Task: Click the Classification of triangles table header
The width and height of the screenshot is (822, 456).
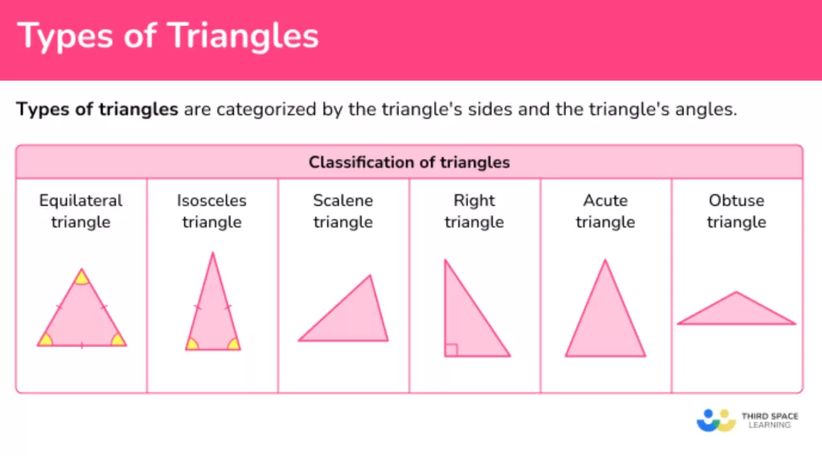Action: (409, 162)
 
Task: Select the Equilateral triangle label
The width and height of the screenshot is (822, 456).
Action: (81, 211)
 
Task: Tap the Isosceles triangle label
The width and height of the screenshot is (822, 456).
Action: (212, 211)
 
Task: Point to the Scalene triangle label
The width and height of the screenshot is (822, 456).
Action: (343, 211)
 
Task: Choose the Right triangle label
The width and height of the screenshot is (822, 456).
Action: (474, 211)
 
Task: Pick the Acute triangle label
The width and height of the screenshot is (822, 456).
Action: (605, 211)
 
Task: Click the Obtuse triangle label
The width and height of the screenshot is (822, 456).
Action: (737, 211)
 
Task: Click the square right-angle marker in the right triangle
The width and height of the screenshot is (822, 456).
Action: (451, 349)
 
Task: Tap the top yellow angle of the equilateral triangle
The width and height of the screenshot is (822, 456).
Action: (81, 277)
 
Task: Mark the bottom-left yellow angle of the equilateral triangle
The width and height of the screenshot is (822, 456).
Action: (45, 340)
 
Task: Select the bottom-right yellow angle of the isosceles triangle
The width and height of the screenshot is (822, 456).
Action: (234, 344)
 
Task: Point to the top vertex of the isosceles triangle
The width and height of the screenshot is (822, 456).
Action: (213, 253)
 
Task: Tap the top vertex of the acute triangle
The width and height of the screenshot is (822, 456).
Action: (605, 259)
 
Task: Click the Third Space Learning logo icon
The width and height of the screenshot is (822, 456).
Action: (716, 421)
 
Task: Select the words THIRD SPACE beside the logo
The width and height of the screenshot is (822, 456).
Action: (770, 416)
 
